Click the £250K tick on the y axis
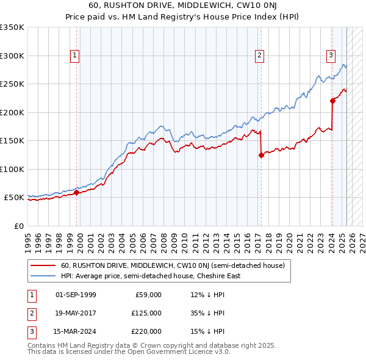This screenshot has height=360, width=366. pyautogui.click(x=12, y=84)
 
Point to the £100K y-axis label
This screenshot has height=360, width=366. pyautogui.click(x=12, y=170)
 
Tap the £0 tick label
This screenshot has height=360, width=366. pyautogui.click(x=18, y=226)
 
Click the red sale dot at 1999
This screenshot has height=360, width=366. pyautogui.click(x=76, y=193)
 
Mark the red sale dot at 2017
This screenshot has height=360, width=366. pyautogui.click(x=261, y=155)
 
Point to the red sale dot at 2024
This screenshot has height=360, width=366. pyautogui.click(x=332, y=101)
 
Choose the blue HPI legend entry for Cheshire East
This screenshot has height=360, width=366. pyautogui.click(x=151, y=276)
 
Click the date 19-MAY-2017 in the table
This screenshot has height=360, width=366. pyautogui.click(x=76, y=313)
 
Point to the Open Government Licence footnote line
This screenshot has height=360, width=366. pyautogui.click(x=129, y=352)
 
